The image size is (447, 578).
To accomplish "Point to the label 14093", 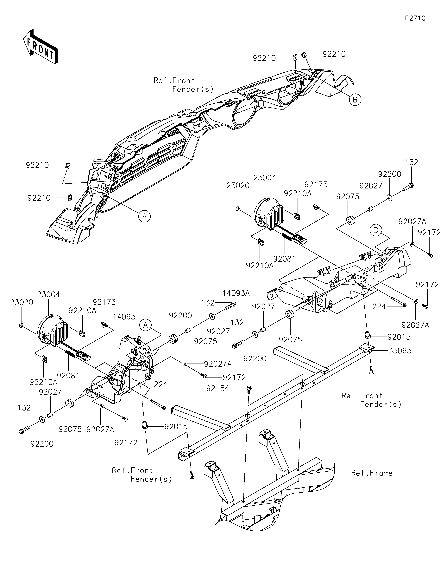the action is click(x=124, y=317).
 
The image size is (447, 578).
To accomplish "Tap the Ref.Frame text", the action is click(x=372, y=473).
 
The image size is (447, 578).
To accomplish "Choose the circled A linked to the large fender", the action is click(x=144, y=216).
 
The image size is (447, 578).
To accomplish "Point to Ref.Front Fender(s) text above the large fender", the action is click(x=183, y=85).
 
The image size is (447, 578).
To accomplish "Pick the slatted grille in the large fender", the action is click(x=148, y=164).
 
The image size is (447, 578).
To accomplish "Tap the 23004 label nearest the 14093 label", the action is click(x=49, y=294).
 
